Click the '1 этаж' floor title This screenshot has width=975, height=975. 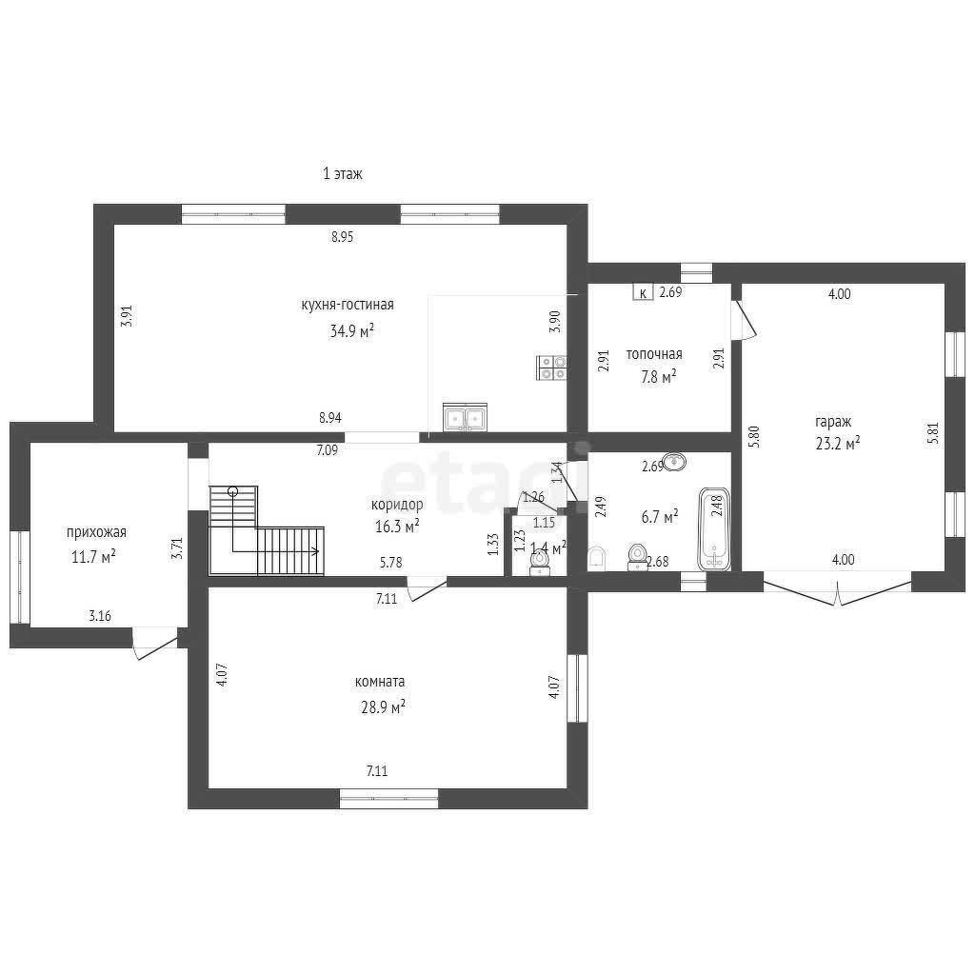click(342, 173)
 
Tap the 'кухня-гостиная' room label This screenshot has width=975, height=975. click(347, 305)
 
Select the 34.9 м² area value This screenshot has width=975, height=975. click(351, 330)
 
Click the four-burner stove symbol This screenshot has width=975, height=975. click(551, 368)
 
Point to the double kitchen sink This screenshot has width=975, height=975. click(465, 417)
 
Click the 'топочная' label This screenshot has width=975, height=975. click(653, 354)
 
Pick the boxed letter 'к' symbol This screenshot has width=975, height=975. click(643, 292)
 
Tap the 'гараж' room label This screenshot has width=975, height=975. click(832, 422)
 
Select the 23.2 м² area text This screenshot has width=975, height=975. click(838, 444)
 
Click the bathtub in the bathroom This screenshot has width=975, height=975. click(714, 529)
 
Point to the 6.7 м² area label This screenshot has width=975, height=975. click(659, 517)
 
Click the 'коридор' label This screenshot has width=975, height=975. click(397, 505)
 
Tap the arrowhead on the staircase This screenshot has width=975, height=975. click(316, 551)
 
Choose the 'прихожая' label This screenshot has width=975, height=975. click(96, 532)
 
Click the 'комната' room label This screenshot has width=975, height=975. click(379, 682)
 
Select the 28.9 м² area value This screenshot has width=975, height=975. click(383, 707)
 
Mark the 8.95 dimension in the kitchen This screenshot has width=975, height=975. click(342, 237)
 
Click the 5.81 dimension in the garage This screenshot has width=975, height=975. click(933, 433)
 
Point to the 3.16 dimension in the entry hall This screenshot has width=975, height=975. click(100, 616)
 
